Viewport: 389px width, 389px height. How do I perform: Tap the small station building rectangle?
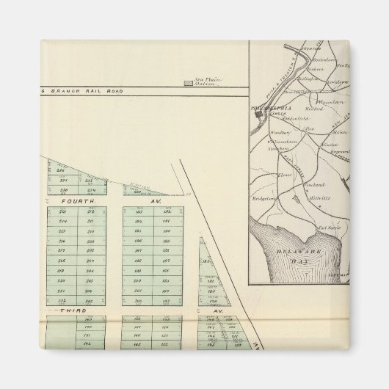(x=189, y=84)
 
